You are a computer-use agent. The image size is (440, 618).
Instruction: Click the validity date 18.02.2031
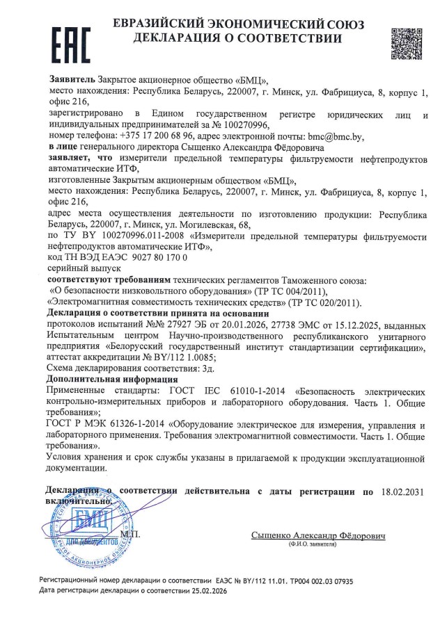[x=402, y=491]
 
